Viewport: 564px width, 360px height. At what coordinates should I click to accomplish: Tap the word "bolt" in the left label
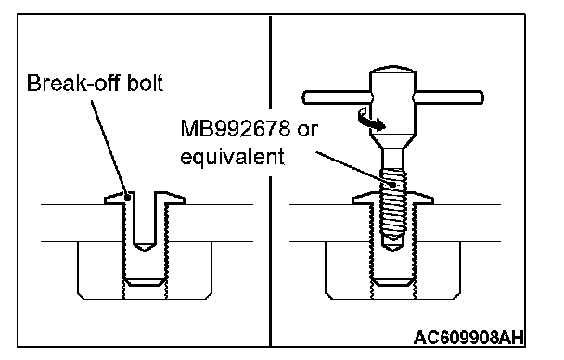(x=146, y=83)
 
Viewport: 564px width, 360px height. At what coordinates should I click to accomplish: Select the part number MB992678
(x=235, y=128)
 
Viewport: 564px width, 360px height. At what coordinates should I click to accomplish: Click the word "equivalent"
(x=232, y=157)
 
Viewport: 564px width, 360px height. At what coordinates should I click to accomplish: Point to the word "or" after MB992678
(x=308, y=130)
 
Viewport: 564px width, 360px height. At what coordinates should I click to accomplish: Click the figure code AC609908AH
(x=468, y=338)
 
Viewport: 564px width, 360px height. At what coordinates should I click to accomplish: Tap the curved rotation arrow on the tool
(x=371, y=121)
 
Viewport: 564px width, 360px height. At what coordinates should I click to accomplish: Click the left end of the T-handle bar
(x=304, y=97)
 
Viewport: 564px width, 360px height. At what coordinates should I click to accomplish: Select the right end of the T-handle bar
(x=481, y=97)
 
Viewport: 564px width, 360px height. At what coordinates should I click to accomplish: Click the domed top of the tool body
(x=392, y=69)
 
